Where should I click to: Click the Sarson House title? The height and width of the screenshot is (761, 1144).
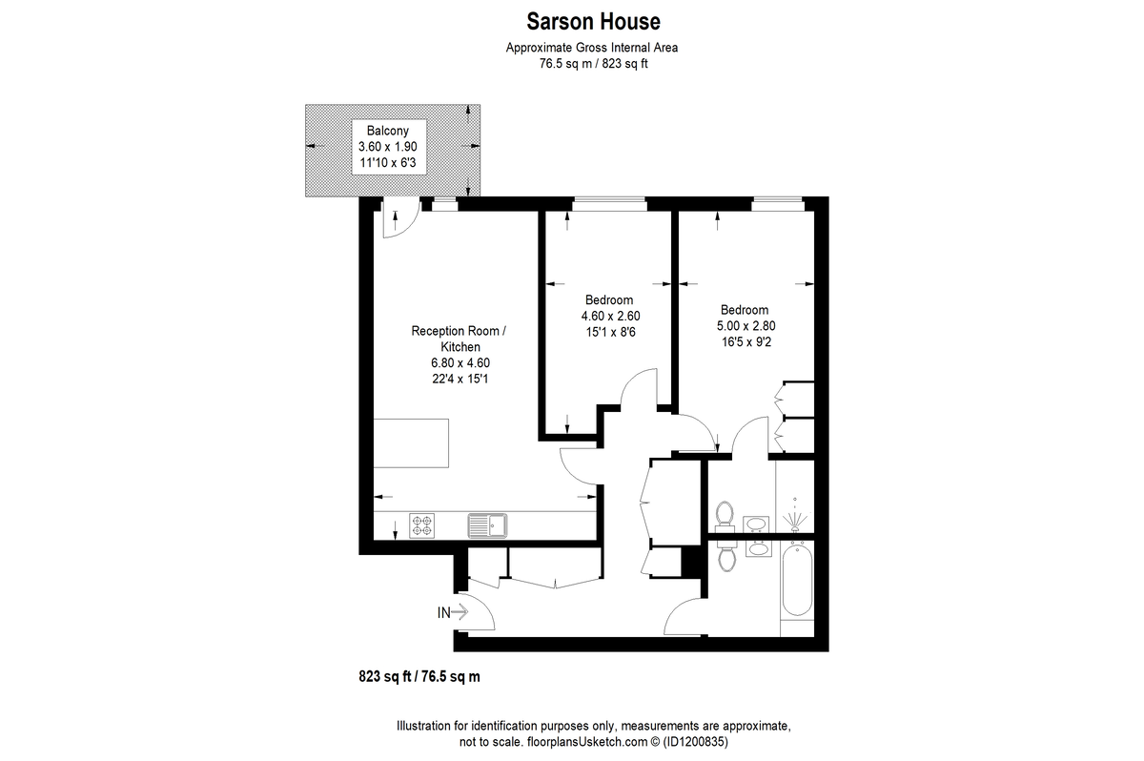(x=593, y=21)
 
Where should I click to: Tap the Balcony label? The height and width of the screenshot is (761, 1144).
(x=388, y=131)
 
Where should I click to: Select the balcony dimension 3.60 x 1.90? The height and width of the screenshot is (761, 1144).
(x=388, y=147)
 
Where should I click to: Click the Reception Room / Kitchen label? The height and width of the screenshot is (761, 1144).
(x=459, y=339)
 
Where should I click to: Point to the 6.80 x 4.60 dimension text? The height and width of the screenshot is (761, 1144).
(x=460, y=363)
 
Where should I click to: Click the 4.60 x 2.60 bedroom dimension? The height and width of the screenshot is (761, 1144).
(x=610, y=317)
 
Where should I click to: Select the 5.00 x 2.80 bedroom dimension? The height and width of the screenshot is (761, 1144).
(x=746, y=326)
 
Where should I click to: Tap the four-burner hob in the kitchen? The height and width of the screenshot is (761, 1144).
(x=421, y=525)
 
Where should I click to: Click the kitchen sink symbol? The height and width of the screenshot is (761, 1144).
(x=488, y=525)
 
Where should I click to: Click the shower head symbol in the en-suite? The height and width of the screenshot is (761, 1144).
(x=795, y=517)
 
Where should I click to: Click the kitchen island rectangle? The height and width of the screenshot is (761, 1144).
(x=411, y=443)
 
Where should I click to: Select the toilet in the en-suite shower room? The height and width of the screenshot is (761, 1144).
(x=725, y=514)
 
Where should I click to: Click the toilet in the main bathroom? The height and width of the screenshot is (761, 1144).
(x=726, y=557)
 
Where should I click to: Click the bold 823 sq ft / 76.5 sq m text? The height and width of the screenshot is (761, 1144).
(x=419, y=676)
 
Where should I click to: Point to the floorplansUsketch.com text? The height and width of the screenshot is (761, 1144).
(x=587, y=742)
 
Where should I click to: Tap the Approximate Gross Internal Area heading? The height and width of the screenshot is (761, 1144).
(x=592, y=48)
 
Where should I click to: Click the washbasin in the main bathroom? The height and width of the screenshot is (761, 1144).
(x=759, y=549)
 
